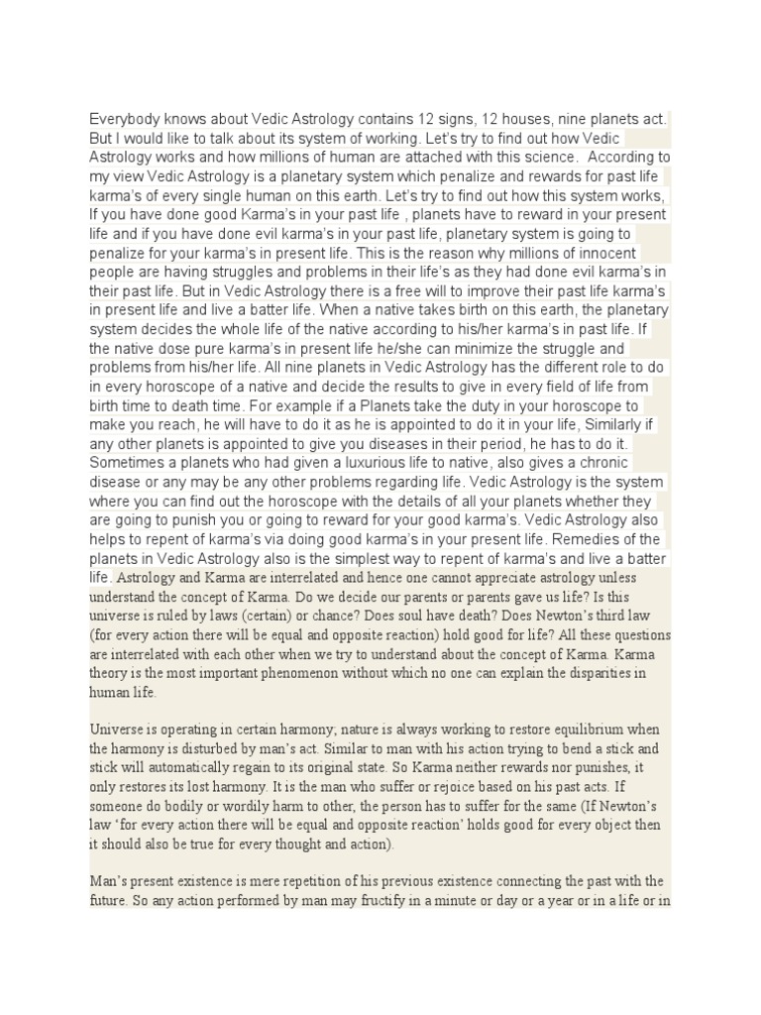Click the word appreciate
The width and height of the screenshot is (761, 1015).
pyautogui.click(x=485, y=577)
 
